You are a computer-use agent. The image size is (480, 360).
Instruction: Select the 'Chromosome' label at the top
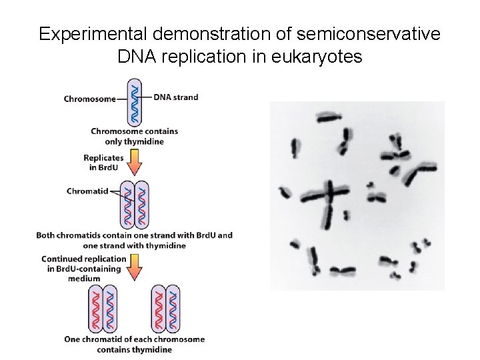click(89, 99)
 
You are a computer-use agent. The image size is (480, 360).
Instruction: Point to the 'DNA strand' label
click(175, 97)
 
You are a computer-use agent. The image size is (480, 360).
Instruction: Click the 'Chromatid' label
click(87, 191)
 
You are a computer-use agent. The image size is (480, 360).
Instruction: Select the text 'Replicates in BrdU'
click(103, 162)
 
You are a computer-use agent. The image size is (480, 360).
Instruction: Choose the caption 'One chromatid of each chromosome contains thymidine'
click(134, 344)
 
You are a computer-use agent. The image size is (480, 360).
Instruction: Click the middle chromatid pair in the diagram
click(134, 205)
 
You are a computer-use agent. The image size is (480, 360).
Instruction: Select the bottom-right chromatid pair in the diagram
click(165, 309)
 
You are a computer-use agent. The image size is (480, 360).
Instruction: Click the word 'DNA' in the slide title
click(139, 57)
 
